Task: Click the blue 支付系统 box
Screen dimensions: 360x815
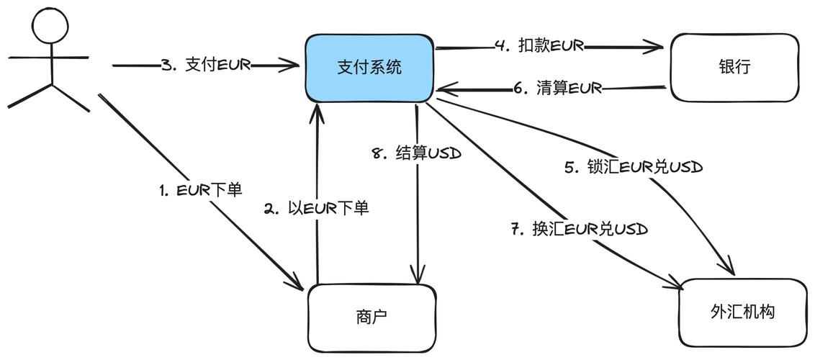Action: coord(369,68)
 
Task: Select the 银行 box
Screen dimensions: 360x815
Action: coord(734,68)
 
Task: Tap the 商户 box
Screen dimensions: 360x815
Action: coord(371,317)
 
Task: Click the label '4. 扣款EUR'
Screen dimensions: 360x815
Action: coord(539,46)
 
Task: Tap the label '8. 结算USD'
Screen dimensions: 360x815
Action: coord(417,153)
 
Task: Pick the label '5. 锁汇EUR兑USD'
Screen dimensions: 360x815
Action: coord(634,167)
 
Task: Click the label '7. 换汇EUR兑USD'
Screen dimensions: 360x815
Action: coord(580,230)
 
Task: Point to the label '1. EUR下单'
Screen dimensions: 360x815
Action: coord(201,190)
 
